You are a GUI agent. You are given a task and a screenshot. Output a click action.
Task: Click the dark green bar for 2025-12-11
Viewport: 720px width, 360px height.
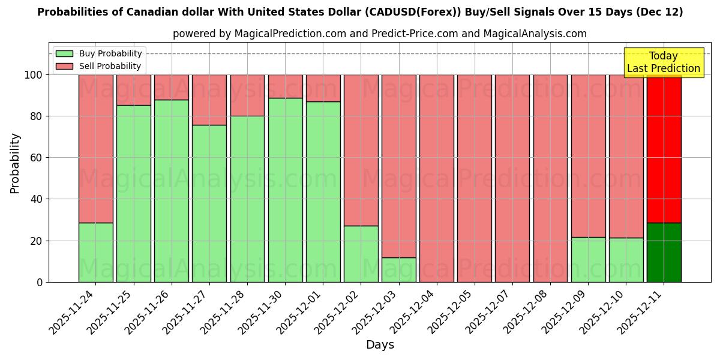point(664,253)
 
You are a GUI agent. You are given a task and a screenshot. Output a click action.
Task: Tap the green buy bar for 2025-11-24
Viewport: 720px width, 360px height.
point(95,253)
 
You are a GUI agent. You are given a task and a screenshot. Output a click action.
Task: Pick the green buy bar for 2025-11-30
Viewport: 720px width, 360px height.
point(285,190)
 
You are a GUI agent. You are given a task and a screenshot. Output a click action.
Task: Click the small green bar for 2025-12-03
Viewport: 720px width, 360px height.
point(399,270)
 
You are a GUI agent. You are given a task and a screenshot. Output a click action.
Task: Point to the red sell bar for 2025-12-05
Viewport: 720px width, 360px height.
point(475,178)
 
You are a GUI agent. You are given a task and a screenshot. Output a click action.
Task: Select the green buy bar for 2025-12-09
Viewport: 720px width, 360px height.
point(588,260)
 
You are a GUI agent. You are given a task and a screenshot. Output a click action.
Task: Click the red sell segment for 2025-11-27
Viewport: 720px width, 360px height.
point(209,100)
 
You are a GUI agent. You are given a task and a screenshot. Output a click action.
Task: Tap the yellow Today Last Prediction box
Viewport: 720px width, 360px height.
point(663,62)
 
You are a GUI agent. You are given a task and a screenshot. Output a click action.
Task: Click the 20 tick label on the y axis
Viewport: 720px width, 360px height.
point(37,241)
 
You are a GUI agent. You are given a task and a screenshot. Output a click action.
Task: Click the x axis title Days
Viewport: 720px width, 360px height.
point(380,345)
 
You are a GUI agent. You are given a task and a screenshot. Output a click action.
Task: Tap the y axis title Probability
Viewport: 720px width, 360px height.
point(15,163)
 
